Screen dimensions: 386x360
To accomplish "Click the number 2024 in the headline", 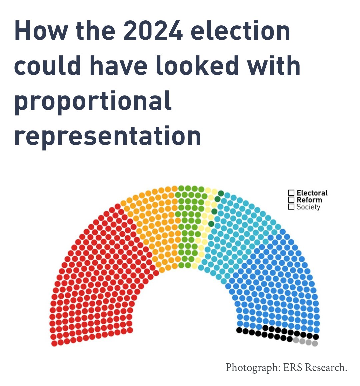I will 153,31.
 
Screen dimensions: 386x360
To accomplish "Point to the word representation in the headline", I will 108,136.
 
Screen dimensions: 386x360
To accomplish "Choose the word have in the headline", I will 118,66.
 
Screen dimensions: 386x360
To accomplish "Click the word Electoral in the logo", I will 312,193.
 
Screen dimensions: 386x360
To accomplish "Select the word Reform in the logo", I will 309,200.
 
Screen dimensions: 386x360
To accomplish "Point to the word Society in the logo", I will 308,207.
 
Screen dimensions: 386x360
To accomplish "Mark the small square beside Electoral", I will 291,193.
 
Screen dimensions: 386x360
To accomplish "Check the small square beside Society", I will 291,207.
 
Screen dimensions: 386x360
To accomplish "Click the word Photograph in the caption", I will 253,367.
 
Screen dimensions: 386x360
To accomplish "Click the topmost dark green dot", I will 221,194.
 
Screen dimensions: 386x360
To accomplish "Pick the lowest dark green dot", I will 211,224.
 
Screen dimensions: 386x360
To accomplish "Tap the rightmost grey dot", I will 315,343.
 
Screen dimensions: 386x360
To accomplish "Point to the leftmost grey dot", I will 296,340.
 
